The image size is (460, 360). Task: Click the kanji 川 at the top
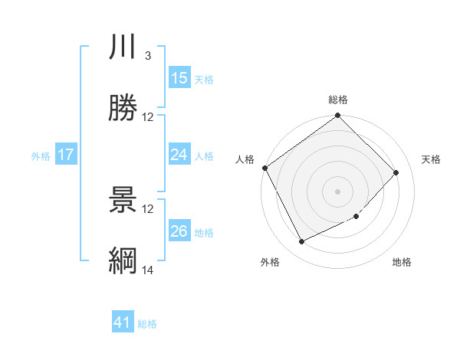point(123,47)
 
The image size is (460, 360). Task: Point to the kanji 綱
point(123,261)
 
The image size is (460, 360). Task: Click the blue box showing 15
point(179,78)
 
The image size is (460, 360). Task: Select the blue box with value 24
point(179,155)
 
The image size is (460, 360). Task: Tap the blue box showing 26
point(179,231)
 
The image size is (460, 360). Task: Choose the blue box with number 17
point(66,155)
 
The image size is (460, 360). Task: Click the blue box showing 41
point(123,323)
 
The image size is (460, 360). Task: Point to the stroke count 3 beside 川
point(147,56)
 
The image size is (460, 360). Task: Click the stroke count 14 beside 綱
point(148,270)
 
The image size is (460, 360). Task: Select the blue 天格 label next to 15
point(204,79)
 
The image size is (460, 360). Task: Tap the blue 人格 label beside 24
point(204,155)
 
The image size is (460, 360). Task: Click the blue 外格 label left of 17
point(41,155)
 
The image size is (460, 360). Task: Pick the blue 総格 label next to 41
point(147,324)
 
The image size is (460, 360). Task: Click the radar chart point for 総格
point(338,116)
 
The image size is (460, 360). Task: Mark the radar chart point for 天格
point(396,173)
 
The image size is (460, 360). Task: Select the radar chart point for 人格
point(265,168)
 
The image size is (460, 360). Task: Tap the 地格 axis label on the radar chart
point(402,262)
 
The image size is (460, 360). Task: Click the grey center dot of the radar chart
point(338,191)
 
